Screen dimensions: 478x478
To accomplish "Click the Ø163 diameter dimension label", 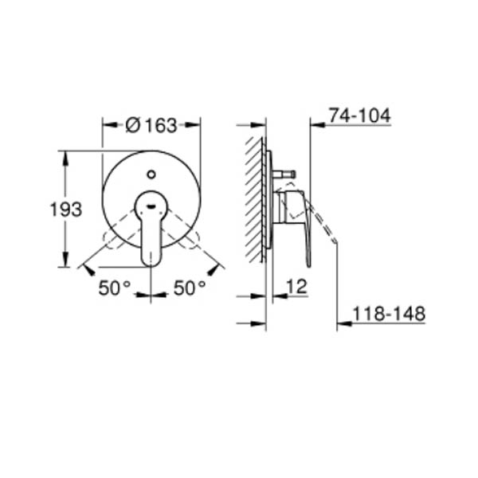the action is [151, 126].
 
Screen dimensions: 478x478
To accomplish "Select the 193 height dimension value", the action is [66, 210].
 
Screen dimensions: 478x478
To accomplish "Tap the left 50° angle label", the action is [115, 288].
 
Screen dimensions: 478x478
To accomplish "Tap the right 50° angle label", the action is [190, 288].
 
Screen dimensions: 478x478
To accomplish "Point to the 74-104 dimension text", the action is [360, 116].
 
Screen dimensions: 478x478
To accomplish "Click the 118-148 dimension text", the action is [389, 313].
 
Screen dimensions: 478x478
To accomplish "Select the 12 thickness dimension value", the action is [296, 287].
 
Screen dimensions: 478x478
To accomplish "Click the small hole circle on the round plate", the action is [151, 174].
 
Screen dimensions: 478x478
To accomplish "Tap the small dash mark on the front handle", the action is [151, 206].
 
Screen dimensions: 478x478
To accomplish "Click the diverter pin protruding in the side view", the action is [284, 174].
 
